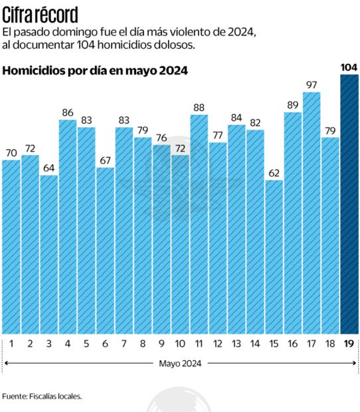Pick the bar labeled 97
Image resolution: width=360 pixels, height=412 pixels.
[312, 213]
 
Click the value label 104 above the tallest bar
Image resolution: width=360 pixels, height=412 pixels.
[349, 67]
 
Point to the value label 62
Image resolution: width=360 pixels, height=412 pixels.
[274, 173]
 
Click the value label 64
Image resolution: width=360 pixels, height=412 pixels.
[48, 168]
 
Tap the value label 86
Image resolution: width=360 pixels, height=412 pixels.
[67, 112]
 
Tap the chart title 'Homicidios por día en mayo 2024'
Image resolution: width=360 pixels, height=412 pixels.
[95, 70]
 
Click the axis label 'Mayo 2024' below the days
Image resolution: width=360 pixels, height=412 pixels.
[180, 363]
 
